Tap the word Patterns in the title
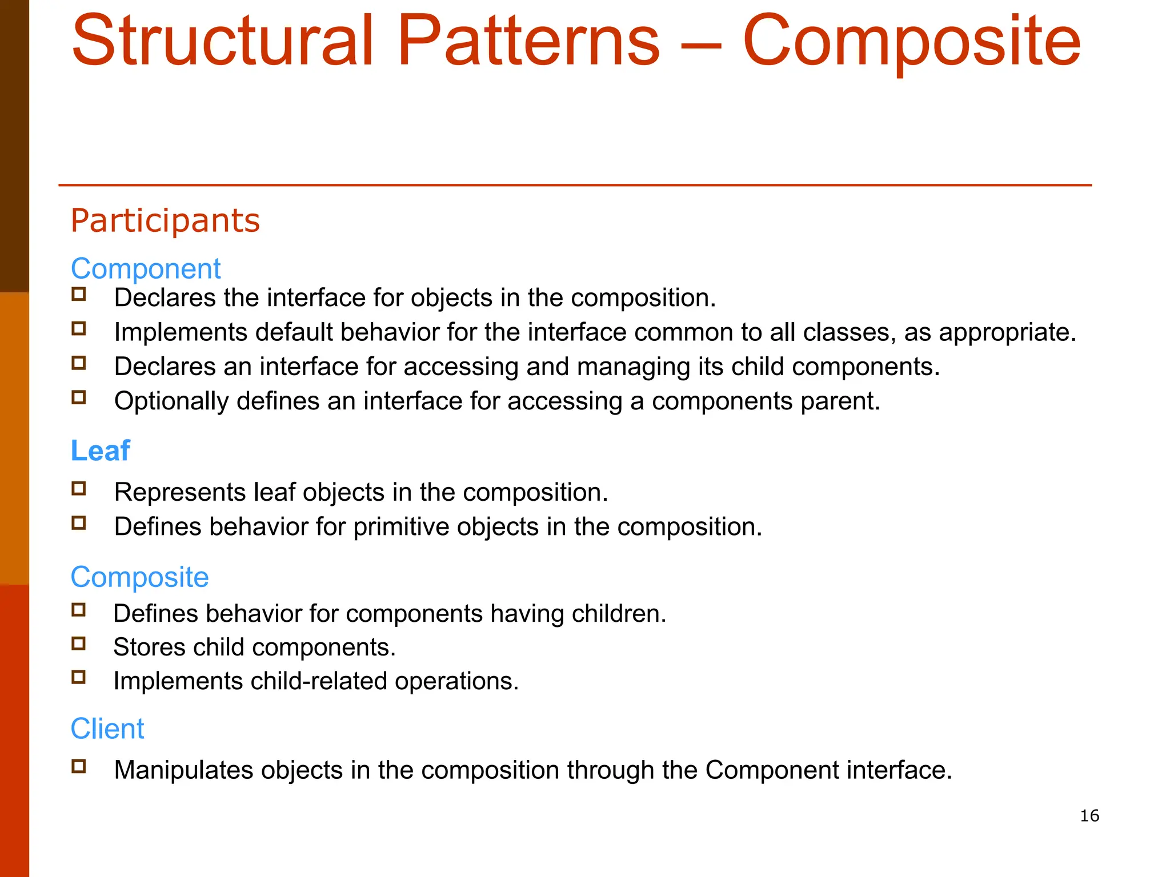pos(528,41)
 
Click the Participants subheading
pos(165,220)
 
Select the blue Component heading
pos(146,268)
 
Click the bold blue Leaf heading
pos(100,450)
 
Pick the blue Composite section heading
pos(139,577)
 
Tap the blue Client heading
pos(107,729)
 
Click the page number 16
pos(1089,815)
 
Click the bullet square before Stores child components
pos(79,644)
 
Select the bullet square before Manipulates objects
pos(79,766)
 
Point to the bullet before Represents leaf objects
pos(79,489)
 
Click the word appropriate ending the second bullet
pos(1007,333)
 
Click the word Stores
pos(149,647)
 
